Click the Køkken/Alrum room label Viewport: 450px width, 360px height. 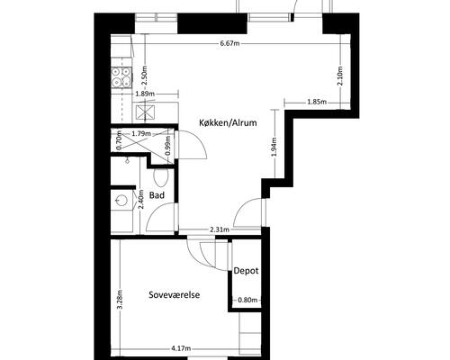coord(229,122)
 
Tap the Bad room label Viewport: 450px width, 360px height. coord(157,195)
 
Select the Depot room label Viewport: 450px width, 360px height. coord(246,271)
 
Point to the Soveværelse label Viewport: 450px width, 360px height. coord(175,294)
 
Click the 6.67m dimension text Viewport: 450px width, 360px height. coord(230,43)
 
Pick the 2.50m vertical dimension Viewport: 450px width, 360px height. coord(145,75)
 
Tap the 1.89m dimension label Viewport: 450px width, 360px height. coord(145,94)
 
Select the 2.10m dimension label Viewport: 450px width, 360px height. coord(340,76)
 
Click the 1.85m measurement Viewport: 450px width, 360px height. coord(317,103)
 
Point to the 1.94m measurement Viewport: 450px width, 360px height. coord(274,147)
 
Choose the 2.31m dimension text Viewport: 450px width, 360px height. coord(220,229)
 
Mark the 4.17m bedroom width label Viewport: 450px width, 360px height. coord(181,348)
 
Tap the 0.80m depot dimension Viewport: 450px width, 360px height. coord(247,300)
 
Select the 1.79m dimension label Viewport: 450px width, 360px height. coord(141,134)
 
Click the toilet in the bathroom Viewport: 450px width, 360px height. coord(161,177)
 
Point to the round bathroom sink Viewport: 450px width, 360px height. coord(122,200)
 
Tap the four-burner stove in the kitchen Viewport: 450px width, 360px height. coord(121,77)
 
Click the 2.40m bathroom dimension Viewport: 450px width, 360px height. coord(141,199)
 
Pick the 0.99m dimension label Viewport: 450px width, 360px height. coord(168,146)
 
